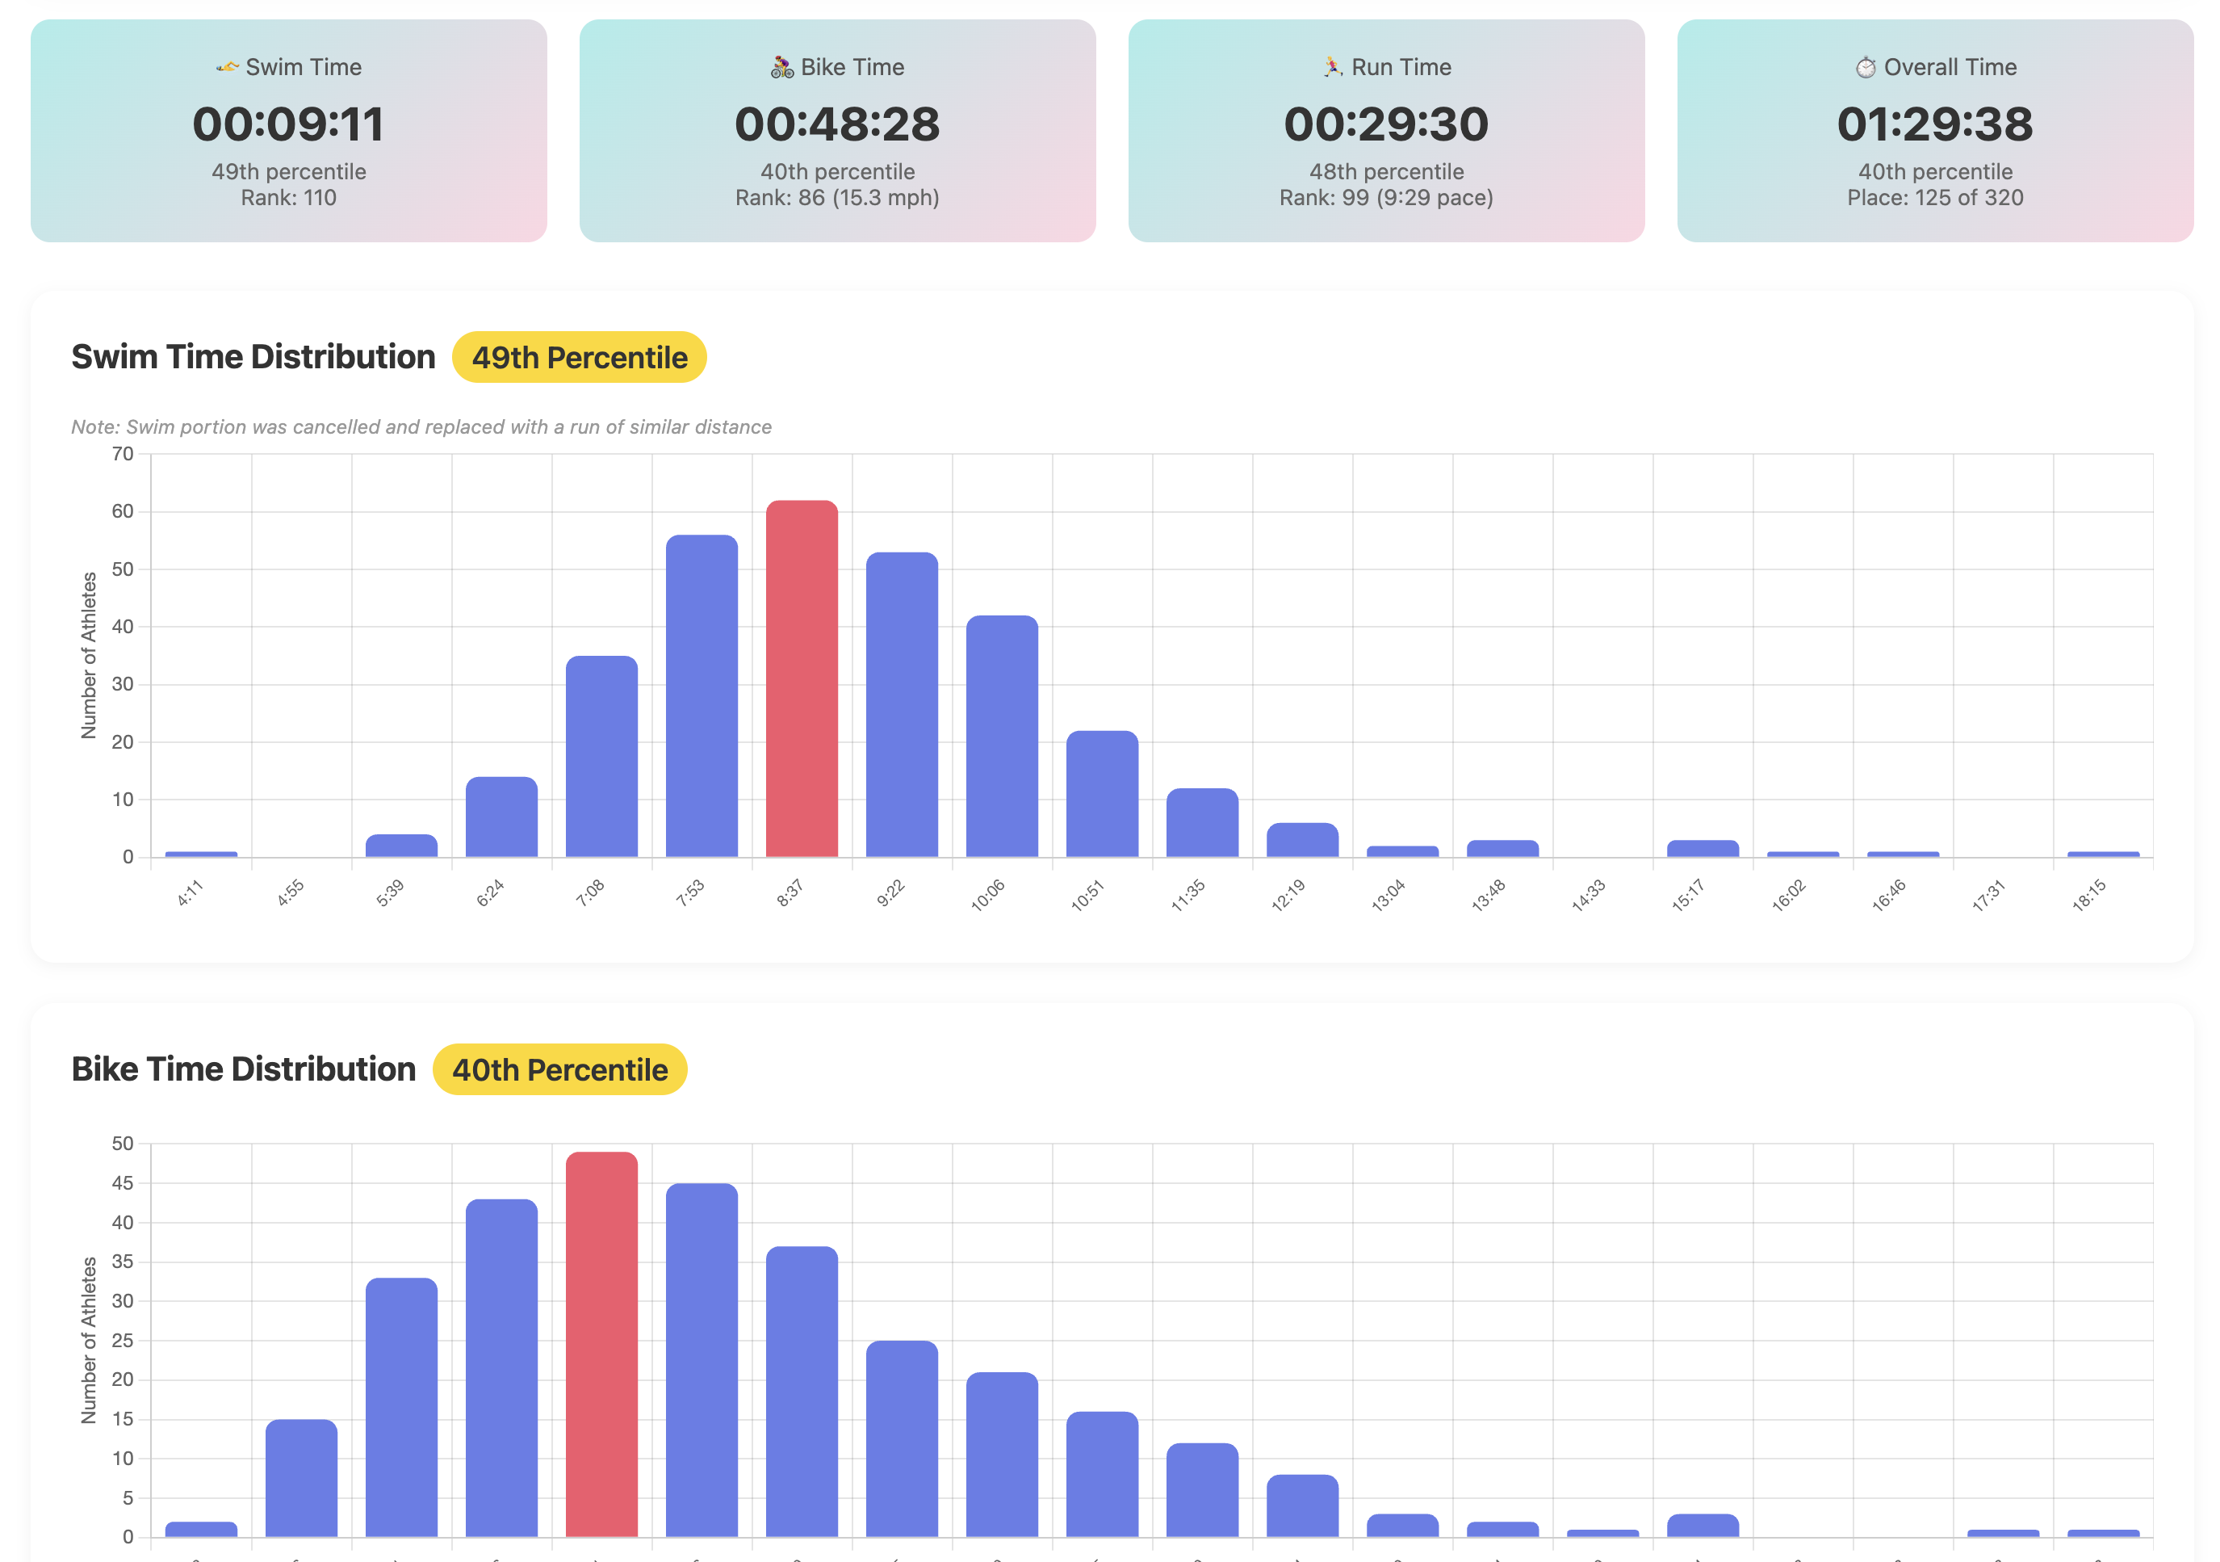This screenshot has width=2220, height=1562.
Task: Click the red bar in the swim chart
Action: tap(802, 678)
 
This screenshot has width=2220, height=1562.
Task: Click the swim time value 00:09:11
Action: tap(288, 124)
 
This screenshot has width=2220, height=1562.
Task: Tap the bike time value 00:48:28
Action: tap(837, 124)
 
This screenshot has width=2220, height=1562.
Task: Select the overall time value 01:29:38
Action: tap(1935, 124)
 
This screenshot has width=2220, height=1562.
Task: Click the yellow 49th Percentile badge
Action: tap(579, 358)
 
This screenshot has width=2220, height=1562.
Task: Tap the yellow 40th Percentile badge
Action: tap(559, 1069)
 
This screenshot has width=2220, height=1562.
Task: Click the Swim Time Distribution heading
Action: tap(253, 357)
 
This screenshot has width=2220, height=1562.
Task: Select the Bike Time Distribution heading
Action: tap(244, 1069)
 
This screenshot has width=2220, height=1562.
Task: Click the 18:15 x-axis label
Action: tap(2088, 896)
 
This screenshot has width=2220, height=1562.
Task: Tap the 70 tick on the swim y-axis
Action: tap(123, 454)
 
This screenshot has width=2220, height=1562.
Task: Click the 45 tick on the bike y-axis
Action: tap(123, 1183)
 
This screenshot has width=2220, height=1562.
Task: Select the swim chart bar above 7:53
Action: tap(702, 695)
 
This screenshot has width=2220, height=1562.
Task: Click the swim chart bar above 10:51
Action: tap(1102, 793)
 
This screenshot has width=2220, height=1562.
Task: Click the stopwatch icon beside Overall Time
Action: tap(1865, 67)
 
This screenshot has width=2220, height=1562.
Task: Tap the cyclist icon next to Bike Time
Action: tap(782, 67)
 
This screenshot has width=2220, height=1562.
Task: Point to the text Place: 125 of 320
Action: tap(1935, 197)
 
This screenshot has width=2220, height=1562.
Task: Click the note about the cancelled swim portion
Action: tap(421, 426)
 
